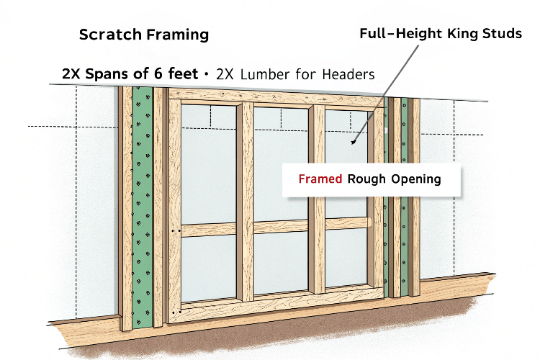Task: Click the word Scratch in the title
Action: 110,35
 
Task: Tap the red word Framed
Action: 320,179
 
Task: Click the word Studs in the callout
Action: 502,33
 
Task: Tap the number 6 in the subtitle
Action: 158,73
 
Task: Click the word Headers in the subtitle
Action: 348,74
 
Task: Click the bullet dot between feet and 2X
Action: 207,74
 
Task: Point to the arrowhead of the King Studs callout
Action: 353,142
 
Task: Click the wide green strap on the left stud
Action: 143,207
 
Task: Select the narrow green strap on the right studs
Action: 405,197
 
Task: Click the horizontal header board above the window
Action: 276,96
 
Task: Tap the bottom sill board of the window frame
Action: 276,304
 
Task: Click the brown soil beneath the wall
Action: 276,330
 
